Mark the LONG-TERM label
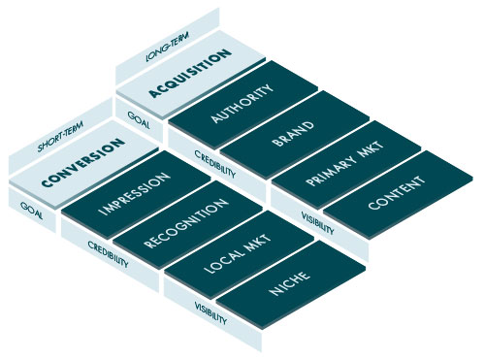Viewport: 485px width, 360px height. coord(165,55)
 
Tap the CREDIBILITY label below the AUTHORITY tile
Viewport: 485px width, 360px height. coord(215,165)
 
